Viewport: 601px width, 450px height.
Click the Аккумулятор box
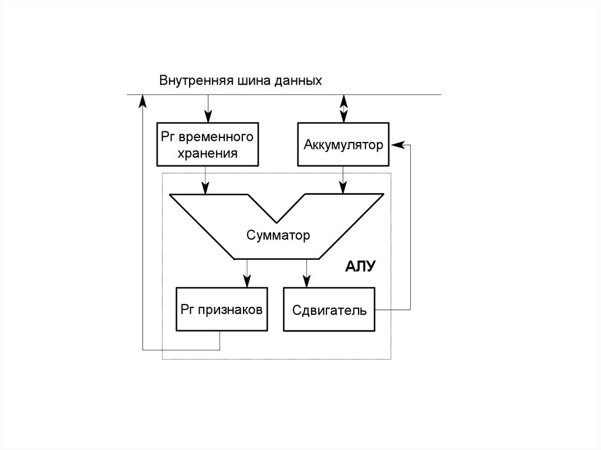[343, 144]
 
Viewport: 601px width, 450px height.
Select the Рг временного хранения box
[207, 144]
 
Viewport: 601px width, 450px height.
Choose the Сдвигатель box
[329, 309]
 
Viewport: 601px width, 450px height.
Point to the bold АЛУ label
[360, 267]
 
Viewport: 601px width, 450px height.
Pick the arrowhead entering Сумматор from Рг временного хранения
[205, 189]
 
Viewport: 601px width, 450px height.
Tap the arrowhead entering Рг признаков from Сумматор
[247, 282]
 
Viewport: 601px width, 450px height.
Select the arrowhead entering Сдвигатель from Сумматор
[305, 282]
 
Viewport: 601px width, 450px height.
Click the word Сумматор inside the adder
[277, 236]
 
